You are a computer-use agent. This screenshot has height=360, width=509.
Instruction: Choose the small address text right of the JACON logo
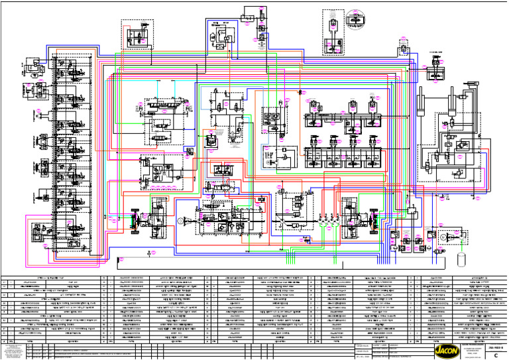477,350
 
